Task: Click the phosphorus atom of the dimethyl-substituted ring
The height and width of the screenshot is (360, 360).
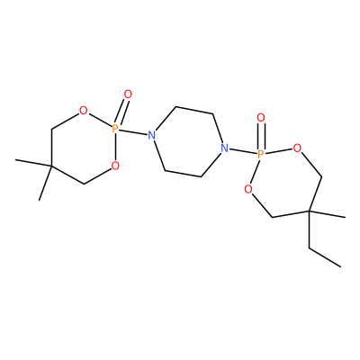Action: click(x=115, y=129)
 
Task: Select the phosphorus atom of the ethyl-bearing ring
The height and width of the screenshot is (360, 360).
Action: click(x=261, y=155)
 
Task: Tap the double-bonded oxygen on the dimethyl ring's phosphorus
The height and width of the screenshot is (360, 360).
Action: click(x=128, y=94)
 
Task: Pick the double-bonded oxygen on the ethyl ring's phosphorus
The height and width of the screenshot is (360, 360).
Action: click(x=261, y=118)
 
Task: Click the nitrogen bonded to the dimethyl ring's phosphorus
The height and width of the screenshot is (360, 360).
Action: click(x=152, y=135)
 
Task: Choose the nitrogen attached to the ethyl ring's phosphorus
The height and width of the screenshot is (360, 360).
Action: click(x=224, y=148)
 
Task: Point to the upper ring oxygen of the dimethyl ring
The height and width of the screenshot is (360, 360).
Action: click(x=83, y=111)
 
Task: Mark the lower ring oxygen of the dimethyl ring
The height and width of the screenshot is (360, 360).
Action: click(x=115, y=166)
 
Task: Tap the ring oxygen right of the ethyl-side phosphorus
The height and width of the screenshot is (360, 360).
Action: click(x=297, y=148)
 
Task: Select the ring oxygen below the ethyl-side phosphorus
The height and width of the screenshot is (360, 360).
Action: click(x=247, y=189)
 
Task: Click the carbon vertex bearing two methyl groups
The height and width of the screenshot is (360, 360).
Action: click(x=51, y=166)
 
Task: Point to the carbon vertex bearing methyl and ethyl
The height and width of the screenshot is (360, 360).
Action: click(x=310, y=211)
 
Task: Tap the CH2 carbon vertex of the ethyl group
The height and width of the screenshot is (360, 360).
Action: click(x=310, y=247)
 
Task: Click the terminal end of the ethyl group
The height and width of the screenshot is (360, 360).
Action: click(x=341, y=266)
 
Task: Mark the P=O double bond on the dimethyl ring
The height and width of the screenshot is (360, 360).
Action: click(x=122, y=112)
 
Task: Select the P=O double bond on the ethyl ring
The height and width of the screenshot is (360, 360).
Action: click(x=261, y=136)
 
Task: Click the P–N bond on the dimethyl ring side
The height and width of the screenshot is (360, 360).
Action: click(x=133, y=132)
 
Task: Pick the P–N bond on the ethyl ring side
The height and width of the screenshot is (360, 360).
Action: click(x=243, y=151)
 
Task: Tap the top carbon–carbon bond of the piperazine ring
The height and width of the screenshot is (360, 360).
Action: click(x=194, y=110)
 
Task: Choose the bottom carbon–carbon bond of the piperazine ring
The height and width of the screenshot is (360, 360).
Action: click(x=183, y=174)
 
